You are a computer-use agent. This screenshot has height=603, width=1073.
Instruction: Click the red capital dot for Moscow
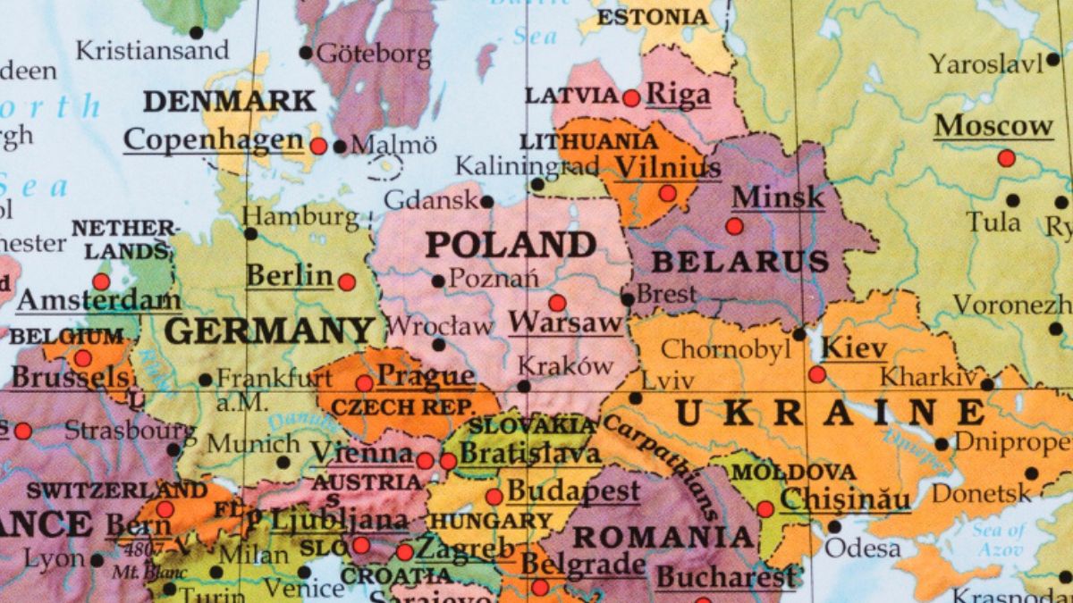coord(1006,158)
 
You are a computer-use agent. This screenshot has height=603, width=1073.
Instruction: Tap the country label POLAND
coord(511,244)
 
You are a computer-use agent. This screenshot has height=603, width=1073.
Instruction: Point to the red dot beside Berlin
coord(347,282)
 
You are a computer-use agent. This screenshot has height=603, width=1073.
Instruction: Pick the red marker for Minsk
coord(734,226)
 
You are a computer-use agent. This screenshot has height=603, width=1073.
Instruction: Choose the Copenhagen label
coord(213,140)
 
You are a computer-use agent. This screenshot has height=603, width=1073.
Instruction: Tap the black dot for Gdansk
coord(486,202)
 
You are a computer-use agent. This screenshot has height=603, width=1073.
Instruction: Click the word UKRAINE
coord(828,413)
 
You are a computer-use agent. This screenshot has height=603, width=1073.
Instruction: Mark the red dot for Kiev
coord(816,374)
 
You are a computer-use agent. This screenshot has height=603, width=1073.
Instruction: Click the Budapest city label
coord(573,490)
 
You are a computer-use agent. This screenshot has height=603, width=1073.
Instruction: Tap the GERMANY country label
coord(269,331)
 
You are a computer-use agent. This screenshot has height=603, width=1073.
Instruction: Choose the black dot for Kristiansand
coord(197,33)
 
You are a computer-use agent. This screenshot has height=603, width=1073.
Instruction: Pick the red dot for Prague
coord(364,383)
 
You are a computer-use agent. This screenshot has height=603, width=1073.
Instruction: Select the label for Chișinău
coord(845,498)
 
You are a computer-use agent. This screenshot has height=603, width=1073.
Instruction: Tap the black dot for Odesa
coord(834,526)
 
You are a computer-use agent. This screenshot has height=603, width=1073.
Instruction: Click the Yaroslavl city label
coord(985,64)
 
